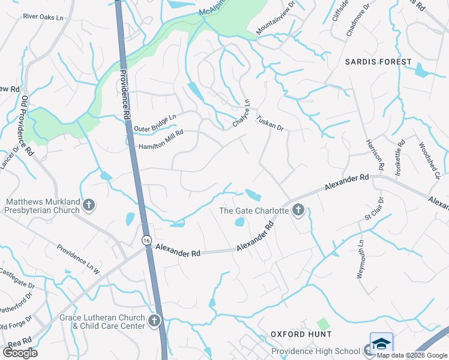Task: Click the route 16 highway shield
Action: coord(146,240)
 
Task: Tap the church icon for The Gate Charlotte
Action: coord(298,210)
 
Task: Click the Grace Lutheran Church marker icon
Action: coord(154,321)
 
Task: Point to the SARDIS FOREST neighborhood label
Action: coord(378,62)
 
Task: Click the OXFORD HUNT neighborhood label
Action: coord(301,334)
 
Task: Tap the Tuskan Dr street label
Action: coord(270,124)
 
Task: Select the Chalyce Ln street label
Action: coord(241,113)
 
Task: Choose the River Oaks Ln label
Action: coord(43,17)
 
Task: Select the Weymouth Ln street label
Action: coord(361,259)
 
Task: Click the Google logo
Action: coord(20,352)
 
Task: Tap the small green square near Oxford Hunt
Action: coord(324,324)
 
